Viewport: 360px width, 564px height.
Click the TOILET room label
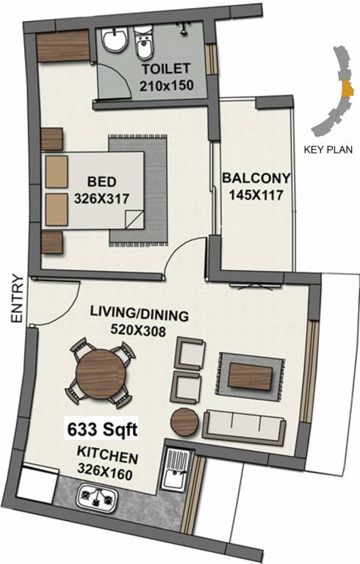(165, 70)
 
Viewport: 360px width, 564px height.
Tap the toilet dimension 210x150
(165, 85)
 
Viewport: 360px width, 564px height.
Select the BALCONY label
(256, 178)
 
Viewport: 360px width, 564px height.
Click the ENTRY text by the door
(17, 299)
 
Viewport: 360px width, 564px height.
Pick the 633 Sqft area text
(99, 427)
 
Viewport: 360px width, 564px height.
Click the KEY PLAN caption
(328, 149)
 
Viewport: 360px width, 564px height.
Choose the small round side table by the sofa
(183, 422)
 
